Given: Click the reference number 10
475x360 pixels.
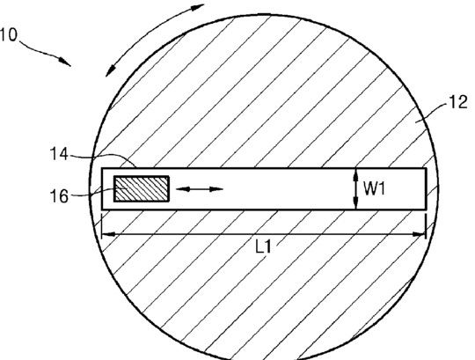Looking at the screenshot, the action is point(9,35).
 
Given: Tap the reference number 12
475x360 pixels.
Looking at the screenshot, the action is point(458,102).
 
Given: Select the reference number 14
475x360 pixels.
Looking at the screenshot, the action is point(59,154).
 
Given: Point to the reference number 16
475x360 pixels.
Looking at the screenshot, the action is point(59,196).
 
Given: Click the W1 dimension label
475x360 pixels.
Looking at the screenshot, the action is point(375,188).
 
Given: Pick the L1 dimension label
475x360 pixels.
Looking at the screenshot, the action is point(263,247).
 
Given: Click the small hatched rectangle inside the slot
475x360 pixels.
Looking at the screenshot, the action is point(142,188).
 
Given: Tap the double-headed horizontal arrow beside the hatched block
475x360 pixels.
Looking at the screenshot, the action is point(200,189).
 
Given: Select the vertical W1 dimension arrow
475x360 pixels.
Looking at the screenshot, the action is point(356,188).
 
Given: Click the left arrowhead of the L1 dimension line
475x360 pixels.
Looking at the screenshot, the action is point(108,234).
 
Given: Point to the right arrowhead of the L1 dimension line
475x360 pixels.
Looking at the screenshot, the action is point(420,234).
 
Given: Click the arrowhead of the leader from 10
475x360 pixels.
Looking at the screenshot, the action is point(65,62).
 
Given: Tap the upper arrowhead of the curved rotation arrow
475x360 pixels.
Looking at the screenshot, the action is point(198,7).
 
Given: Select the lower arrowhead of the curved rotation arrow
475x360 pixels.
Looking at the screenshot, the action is point(110,70).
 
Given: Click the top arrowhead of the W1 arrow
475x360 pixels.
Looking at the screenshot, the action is point(356,174).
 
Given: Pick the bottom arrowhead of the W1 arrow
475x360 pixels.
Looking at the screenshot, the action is point(356,203).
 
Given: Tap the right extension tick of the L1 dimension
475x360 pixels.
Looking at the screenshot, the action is point(426,226).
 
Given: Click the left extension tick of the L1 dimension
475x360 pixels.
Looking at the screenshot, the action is point(101,226).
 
